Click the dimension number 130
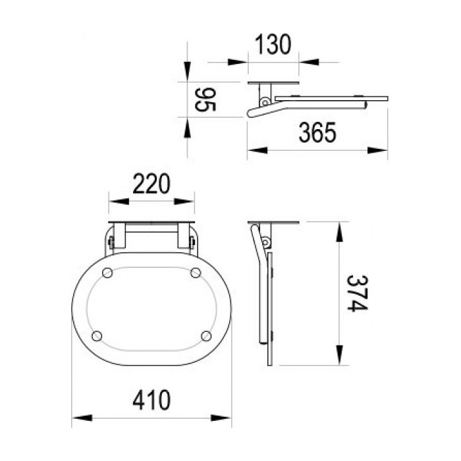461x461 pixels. [273, 45]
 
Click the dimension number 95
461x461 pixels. [205, 99]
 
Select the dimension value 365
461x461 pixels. [317, 132]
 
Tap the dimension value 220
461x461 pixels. [151, 184]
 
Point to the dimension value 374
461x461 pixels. [357, 293]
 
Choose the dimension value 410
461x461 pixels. [151, 400]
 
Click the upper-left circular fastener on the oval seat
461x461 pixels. [107, 273]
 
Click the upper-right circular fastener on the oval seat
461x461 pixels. [196, 273]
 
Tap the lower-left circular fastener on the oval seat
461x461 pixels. [97, 336]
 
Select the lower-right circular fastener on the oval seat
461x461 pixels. [206, 336]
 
